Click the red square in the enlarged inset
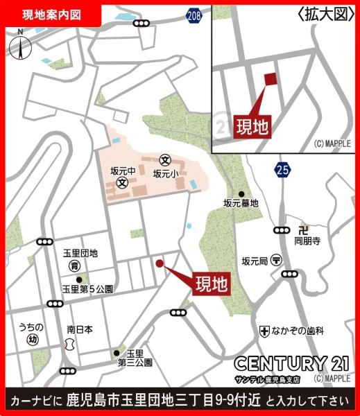click(270, 80)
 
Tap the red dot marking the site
click(160, 263)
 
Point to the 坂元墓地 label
click(240, 203)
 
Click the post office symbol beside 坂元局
click(277, 261)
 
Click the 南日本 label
click(80, 329)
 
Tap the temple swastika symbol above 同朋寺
click(302, 229)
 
